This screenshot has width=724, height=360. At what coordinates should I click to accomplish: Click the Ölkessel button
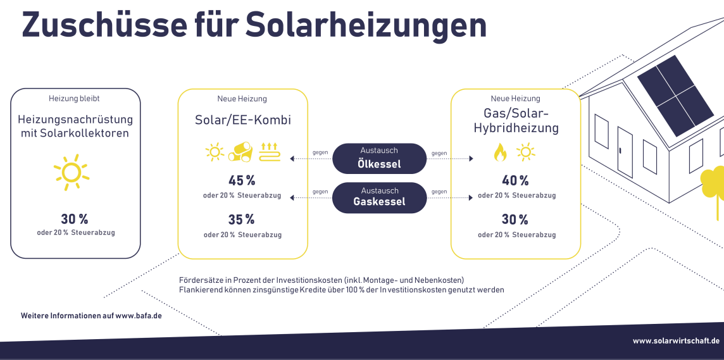coord(380,158)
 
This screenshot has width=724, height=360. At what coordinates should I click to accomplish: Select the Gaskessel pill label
coord(380,197)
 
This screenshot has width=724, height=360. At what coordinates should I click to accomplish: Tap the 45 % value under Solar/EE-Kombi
coord(242,180)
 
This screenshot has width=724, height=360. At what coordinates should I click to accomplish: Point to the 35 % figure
coord(242,219)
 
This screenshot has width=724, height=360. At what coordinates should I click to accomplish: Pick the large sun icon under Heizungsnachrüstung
coord(72,172)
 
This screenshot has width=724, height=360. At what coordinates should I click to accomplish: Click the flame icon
coord(500,152)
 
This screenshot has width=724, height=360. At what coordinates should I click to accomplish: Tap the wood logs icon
coord(240,152)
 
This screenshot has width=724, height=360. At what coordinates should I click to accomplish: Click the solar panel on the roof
coord(675,96)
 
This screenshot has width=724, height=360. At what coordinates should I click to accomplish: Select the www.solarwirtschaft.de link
coord(676,341)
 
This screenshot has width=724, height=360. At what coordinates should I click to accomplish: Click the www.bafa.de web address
coord(139,316)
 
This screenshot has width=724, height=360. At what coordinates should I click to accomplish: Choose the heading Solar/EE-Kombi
coord(242,120)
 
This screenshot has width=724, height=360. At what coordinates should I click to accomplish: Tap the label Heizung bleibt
coord(74,98)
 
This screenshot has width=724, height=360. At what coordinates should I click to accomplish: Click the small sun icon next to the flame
coord(526,152)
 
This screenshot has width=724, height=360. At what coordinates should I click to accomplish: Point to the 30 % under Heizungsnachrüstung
coord(74,219)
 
